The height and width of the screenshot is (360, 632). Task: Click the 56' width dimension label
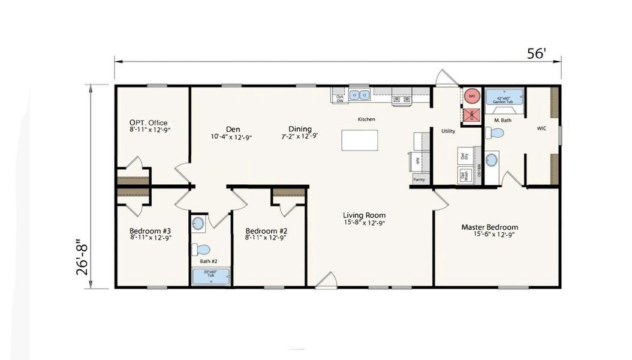pos(537,53)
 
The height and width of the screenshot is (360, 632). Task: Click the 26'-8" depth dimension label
pos(82,257)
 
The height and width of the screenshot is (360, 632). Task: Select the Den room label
pos(233,129)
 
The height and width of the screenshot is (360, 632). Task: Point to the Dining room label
pos(300,129)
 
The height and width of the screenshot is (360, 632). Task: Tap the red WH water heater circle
pos(472,95)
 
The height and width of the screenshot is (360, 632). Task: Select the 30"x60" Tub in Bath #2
pos(211,276)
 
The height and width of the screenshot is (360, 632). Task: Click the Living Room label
pos(364,215)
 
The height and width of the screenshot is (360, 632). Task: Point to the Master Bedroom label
pos(489,227)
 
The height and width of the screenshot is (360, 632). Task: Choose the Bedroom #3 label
pos(151,231)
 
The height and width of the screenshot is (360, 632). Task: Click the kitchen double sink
pos(360,94)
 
